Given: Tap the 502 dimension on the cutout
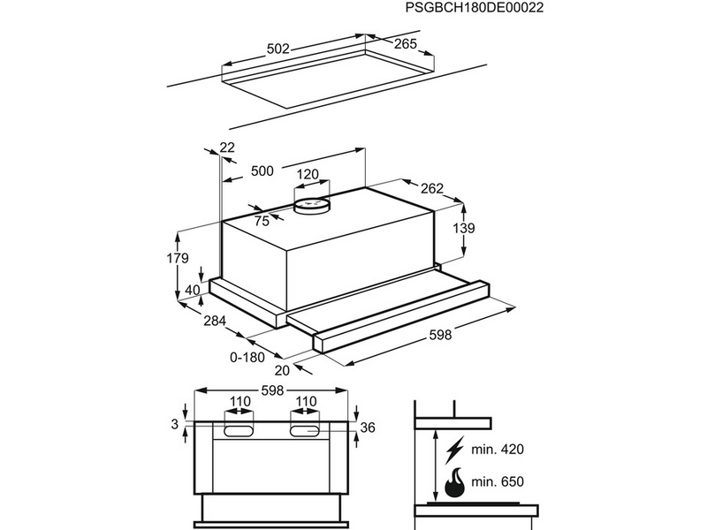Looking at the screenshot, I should point(278,49).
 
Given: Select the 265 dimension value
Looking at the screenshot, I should point(405,43).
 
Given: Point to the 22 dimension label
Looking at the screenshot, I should point(227,148).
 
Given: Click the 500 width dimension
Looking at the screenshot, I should point(262,171).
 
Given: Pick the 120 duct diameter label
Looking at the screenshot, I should point(307,175).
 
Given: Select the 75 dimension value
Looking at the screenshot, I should point(262,221).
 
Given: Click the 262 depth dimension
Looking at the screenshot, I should point(432,188).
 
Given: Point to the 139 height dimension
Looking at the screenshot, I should point(463,228).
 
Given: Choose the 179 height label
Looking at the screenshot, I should point(178,259).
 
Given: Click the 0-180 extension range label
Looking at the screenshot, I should point(248,357).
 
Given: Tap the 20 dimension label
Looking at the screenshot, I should point(283,370).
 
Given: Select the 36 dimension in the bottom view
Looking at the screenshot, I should point(369,428).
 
